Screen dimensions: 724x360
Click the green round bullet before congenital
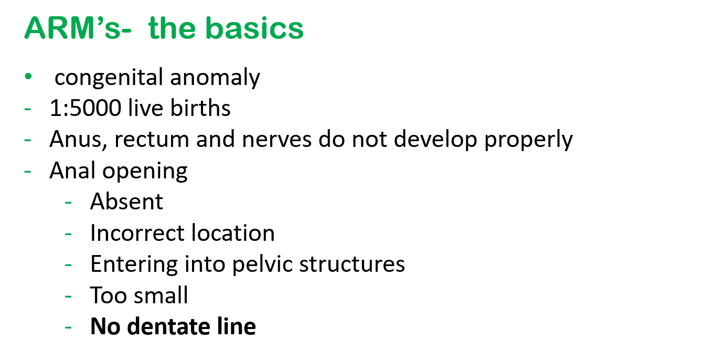click(28, 77)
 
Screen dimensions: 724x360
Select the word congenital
click(109, 78)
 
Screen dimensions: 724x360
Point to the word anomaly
click(215, 78)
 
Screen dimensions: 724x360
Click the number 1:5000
click(86, 108)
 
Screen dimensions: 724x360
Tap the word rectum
click(152, 140)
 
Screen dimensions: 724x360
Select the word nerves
click(276, 140)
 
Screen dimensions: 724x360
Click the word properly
click(528, 140)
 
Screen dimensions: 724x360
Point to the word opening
click(145, 171)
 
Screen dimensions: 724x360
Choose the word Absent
click(126, 202)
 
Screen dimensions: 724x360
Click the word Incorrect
click(137, 232)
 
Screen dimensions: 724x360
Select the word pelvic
click(262, 264)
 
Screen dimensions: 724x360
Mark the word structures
click(352, 264)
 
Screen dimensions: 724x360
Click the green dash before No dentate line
click(68, 327)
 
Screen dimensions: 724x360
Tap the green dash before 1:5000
click(27, 109)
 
